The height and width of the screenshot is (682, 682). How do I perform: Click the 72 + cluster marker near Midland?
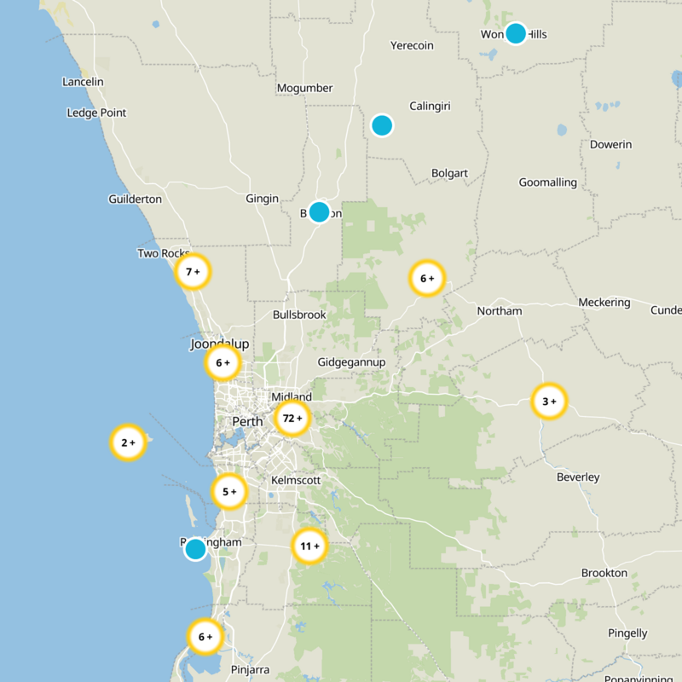pyautogui.click(x=292, y=419)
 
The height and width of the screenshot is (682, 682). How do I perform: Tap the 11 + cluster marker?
pyautogui.click(x=309, y=546)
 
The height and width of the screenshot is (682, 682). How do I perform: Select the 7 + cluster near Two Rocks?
pyautogui.click(x=193, y=272)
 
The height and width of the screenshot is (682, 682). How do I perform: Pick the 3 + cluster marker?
pyautogui.click(x=549, y=401)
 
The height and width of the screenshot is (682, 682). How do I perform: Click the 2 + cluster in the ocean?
pyautogui.click(x=128, y=442)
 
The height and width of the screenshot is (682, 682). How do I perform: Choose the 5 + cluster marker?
pyautogui.click(x=229, y=491)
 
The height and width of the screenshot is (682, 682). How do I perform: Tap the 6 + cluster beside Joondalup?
pyautogui.click(x=223, y=362)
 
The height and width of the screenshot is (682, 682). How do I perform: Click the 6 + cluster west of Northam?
pyautogui.click(x=427, y=278)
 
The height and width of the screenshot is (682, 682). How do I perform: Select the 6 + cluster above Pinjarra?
pyautogui.click(x=205, y=636)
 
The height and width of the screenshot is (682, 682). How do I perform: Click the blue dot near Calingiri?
pyautogui.click(x=382, y=125)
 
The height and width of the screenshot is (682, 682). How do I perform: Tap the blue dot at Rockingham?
pyautogui.click(x=195, y=549)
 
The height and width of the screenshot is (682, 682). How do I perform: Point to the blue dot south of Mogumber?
pyautogui.click(x=319, y=211)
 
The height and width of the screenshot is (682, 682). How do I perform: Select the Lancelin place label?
pyautogui.click(x=83, y=82)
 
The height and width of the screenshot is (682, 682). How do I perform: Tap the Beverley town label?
pyautogui.click(x=578, y=477)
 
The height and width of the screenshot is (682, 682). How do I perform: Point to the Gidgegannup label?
pyautogui.click(x=351, y=362)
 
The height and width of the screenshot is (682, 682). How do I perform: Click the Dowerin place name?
pyautogui.click(x=610, y=144)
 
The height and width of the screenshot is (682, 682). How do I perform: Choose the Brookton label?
pyautogui.click(x=604, y=573)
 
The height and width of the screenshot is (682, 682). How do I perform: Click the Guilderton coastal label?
pyautogui.click(x=135, y=199)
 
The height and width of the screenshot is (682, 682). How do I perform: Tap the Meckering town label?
pyautogui.click(x=604, y=303)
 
